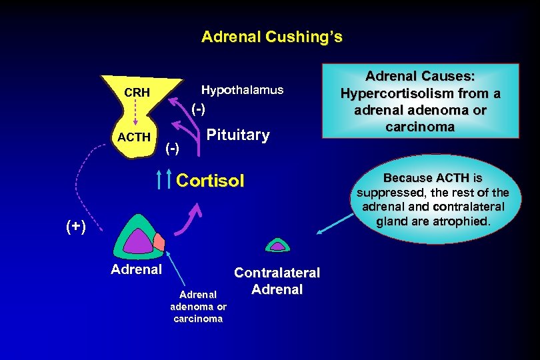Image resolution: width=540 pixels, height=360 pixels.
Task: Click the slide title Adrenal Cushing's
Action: (x=271, y=37)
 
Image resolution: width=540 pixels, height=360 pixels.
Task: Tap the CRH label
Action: (x=137, y=92)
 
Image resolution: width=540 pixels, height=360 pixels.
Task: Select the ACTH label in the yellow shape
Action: (x=134, y=137)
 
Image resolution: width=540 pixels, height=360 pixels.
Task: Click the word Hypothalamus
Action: (x=242, y=90)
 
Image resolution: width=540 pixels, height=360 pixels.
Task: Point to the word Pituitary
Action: (x=238, y=135)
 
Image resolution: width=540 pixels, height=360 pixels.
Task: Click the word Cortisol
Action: (x=210, y=181)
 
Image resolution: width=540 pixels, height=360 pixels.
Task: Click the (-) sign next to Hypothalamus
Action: (x=198, y=108)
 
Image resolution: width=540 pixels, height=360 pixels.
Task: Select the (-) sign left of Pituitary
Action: (x=172, y=147)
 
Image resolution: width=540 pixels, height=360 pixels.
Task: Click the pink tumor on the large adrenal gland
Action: (x=159, y=241)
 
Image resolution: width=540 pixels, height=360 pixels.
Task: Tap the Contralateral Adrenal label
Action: (x=277, y=281)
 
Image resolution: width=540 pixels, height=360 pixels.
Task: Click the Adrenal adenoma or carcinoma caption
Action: (x=199, y=306)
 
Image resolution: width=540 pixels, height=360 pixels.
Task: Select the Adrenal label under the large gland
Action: (x=136, y=270)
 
